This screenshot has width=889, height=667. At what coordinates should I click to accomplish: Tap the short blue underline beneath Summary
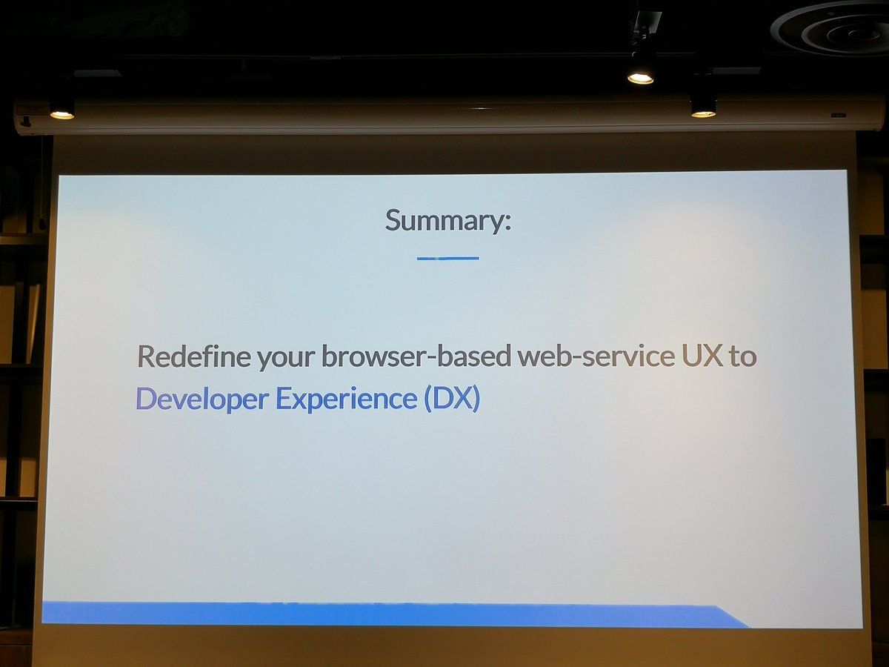click(447, 258)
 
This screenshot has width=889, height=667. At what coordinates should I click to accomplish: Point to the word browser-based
click(416, 356)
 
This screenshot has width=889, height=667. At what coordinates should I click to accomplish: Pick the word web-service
click(596, 356)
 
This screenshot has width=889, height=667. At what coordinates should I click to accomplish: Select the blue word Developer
click(202, 399)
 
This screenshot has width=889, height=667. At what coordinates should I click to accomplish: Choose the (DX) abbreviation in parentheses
click(452, 399)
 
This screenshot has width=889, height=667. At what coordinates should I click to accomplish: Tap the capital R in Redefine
click(147, 356)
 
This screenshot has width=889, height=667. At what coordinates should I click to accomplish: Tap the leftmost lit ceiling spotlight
click(61, 113)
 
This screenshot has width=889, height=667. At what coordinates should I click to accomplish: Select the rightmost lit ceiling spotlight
click(703, 111)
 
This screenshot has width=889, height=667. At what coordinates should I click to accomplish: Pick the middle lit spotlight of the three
click(640, 76)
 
